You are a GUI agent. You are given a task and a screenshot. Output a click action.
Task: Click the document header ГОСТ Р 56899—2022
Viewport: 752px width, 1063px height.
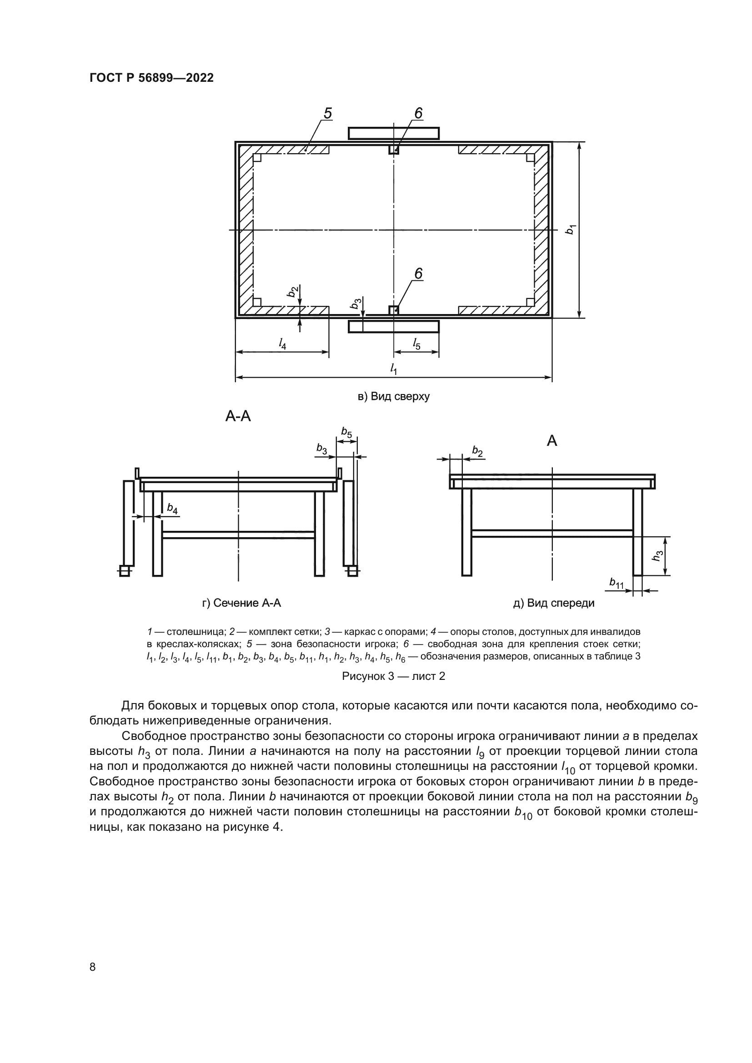tap(151, 78)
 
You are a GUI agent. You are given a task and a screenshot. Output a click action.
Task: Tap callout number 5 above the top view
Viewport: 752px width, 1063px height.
tap(327, 113)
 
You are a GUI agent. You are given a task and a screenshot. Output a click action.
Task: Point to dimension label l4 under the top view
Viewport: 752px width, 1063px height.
tap(282, 343)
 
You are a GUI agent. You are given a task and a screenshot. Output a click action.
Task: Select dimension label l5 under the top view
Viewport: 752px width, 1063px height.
tap(416, 344)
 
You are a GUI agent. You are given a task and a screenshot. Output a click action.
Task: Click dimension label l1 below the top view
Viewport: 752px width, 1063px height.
tap(394, 369)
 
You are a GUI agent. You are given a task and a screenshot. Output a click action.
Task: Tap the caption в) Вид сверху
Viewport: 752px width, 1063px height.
tap(394, 397)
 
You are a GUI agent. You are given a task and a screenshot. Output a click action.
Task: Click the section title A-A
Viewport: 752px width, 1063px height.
tap(238, 417)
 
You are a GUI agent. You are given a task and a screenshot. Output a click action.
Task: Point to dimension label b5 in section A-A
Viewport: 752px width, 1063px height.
tap(346, 433)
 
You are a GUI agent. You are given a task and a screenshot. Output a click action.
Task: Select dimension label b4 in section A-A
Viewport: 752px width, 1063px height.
tap(172, 509)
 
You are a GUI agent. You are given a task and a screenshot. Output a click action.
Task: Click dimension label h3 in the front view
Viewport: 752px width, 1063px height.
tap(657, 555)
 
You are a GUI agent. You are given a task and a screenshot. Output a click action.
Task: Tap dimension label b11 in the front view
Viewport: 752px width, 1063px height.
tap(617, 584)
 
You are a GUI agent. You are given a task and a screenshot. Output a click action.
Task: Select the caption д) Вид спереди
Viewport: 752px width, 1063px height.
tap(554, 603)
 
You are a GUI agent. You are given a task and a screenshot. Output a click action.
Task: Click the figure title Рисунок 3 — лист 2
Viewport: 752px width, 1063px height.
tap(394, 676)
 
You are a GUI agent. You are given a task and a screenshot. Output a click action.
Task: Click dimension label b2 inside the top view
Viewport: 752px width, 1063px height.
tap(292, 292)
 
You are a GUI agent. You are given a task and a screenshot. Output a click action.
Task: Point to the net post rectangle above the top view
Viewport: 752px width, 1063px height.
tap(393, 133)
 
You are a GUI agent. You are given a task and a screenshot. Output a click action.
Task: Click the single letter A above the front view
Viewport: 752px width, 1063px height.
tap(552, 441)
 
